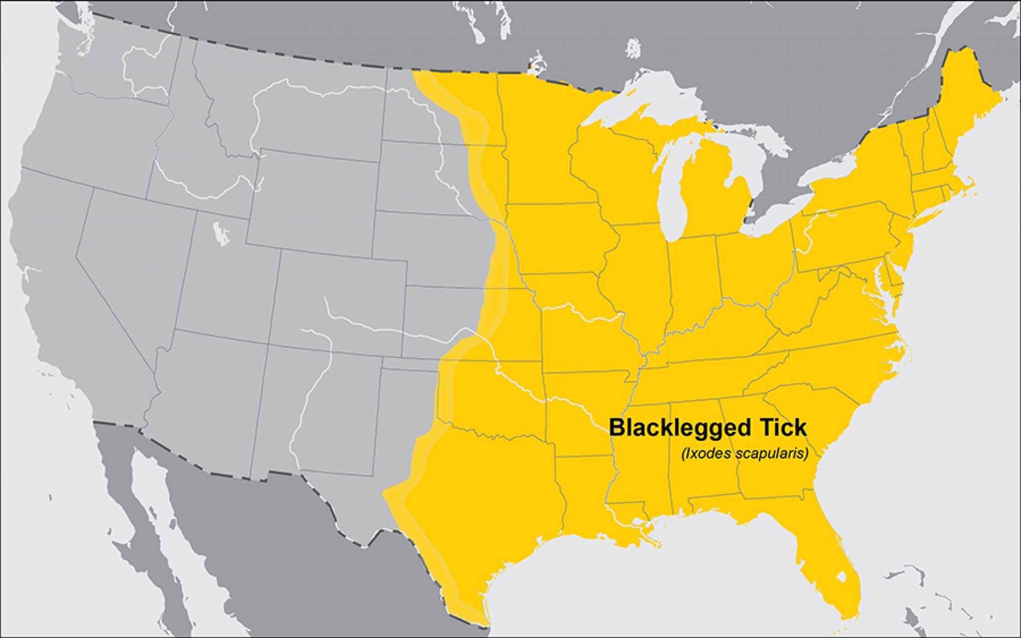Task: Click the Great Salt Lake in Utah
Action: [x=220, y=234]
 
